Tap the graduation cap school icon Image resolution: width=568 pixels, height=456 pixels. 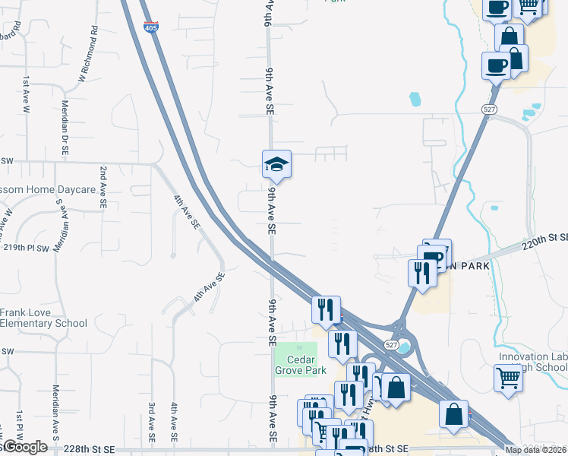(x=276, y=163)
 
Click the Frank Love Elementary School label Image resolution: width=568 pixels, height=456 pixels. (x=43, y=318)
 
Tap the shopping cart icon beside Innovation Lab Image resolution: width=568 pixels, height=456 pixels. (x=507, y=376)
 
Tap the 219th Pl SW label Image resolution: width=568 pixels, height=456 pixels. (x=27, y=248)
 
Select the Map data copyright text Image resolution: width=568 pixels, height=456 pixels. (x=536, y=450)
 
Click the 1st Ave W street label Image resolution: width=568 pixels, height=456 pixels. (x=27, y=94)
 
